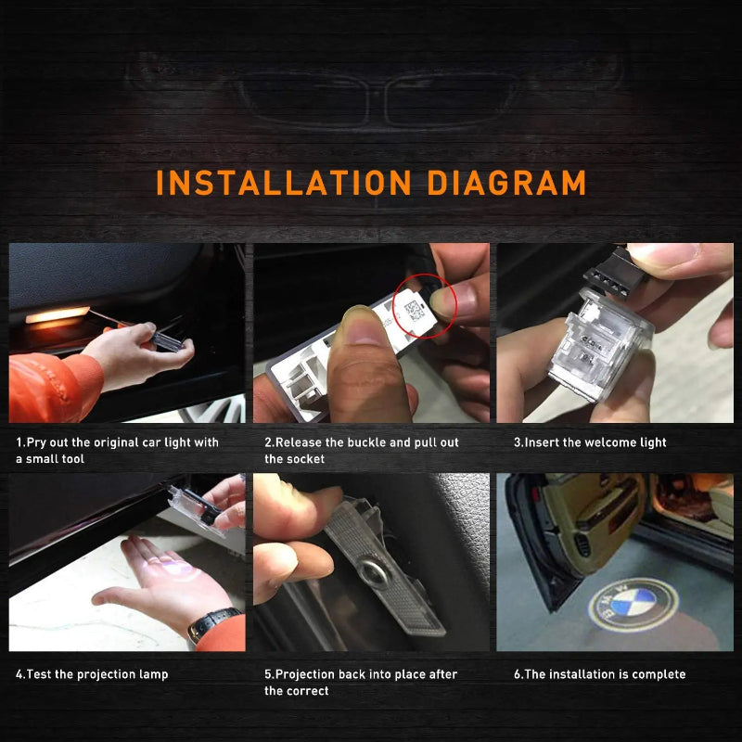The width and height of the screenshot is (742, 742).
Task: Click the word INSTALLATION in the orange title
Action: (x=284, y=183)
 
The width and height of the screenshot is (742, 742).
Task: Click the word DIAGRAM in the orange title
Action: (x=506, y=183)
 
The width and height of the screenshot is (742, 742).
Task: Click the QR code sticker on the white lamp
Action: (x=415, y=311)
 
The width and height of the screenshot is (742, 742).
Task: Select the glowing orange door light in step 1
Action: (x=58, y=315)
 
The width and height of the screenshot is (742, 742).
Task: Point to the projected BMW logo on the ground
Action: (x=633, y=606)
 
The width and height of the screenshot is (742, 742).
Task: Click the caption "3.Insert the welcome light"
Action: (x=590, y=442)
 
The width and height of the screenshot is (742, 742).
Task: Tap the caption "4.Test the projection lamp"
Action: (x=92, y=674)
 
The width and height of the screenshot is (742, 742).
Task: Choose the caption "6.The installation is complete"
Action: (x=599, y=674)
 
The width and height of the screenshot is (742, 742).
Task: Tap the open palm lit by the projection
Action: (x=160, y=575)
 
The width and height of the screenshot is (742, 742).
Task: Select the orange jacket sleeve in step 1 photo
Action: (x=55, y=388)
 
